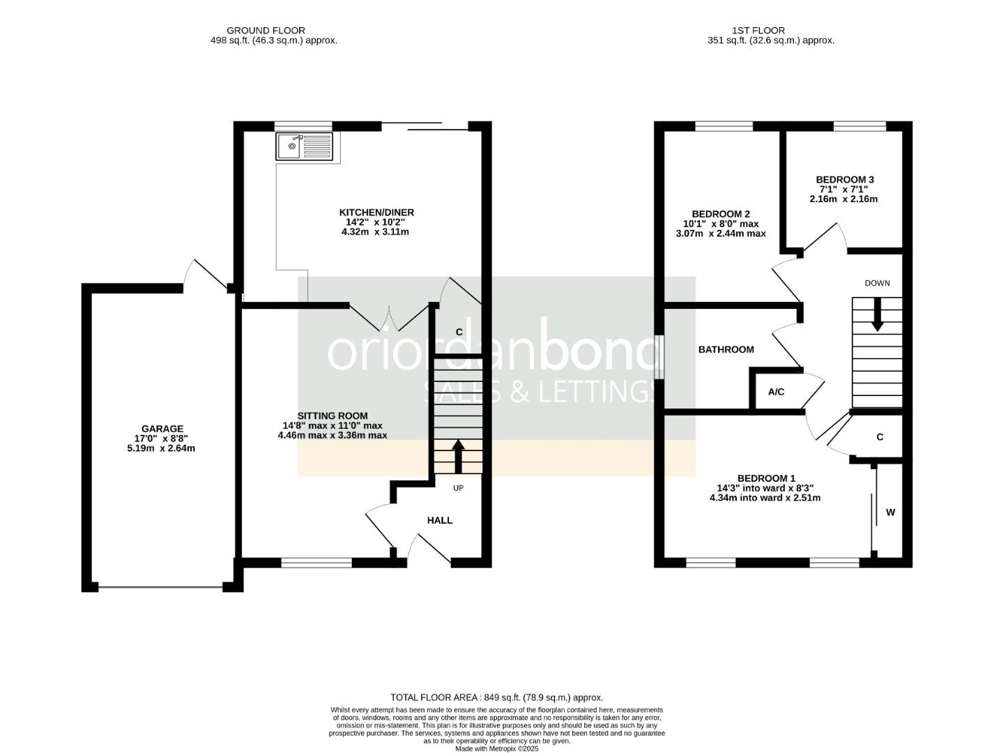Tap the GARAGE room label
tap(162, 429)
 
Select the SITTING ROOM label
tap(332, 416)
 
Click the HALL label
tap(440, 520)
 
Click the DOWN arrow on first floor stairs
tap(877, 314)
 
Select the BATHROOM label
tap(726, 349)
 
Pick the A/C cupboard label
tap(776, 392)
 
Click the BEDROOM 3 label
tap(845, 179)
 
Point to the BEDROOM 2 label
tap(721, 213)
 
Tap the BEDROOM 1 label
tap(766, 478)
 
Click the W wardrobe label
tap(890, 512)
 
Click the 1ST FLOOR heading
tap(758, 31)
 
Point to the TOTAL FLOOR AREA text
tap(496, 697)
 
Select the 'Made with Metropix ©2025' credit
tap(496, 749)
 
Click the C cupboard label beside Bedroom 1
tap(880, 437)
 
